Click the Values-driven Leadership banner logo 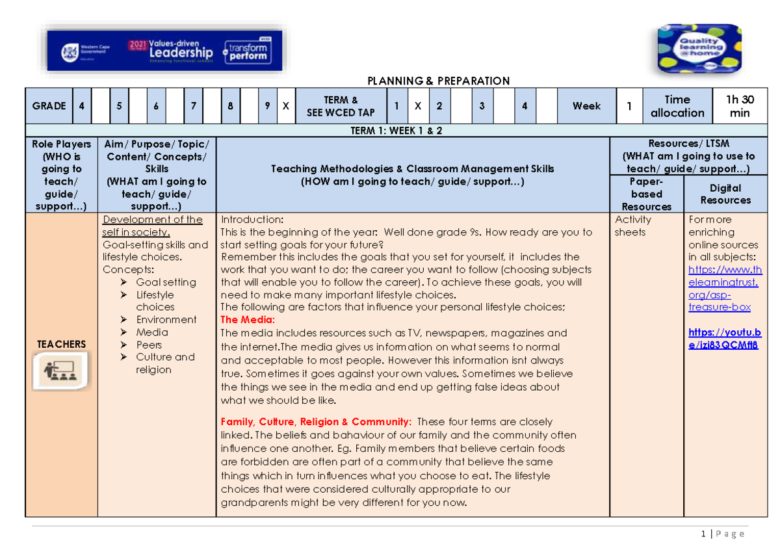pos(164,50)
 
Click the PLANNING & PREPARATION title pos(438,81)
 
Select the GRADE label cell pos(49,106)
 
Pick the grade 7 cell pos(194,106)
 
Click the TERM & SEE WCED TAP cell pos(341,106)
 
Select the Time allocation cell pos(677,106)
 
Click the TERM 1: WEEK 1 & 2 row pos(396,130)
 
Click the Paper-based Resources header pos(646,194)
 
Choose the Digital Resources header pos(725,194)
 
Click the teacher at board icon pos(61,371)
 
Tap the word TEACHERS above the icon pos(61,344)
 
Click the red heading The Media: pos(248,319)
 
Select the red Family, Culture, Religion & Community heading pos(316,421)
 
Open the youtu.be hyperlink pos(723,339)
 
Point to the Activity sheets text pos(630,226)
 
